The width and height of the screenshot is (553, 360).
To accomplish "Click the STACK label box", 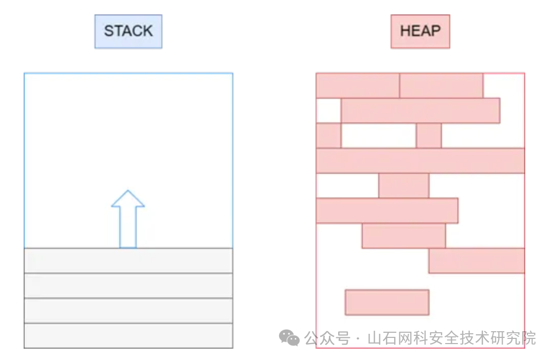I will point(128,31).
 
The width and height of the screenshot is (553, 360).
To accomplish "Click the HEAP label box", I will point(420,31).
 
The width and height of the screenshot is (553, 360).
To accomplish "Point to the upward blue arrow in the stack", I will point(128,219).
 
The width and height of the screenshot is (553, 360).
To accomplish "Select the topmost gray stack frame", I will point(128,261).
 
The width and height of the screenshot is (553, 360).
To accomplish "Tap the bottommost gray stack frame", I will point(128,335).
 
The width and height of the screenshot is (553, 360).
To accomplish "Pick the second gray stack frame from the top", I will point(128,285).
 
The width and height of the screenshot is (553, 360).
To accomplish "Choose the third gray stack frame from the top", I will point(128,311).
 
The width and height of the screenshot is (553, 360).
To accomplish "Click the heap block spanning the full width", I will point(420,160).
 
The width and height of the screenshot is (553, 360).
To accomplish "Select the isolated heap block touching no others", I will point(386,302).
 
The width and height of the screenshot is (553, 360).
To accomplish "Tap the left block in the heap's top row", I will point(358,85).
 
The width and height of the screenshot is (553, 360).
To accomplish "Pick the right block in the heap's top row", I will point(441,85).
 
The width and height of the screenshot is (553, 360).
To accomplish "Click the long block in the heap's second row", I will point(420,111).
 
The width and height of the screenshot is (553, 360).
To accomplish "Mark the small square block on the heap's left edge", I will point(328,136).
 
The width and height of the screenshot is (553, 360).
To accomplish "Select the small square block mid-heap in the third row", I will point(429,136).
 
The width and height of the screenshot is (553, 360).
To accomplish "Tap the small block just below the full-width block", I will point(403,186).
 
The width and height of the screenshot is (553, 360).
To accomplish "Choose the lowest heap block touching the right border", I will point(476,261).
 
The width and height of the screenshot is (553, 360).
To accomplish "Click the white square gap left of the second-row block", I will point(328,111).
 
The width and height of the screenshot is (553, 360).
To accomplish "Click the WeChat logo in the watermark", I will point(289,338).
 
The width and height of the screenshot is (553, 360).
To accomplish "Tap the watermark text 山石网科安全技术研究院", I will point(451,338).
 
